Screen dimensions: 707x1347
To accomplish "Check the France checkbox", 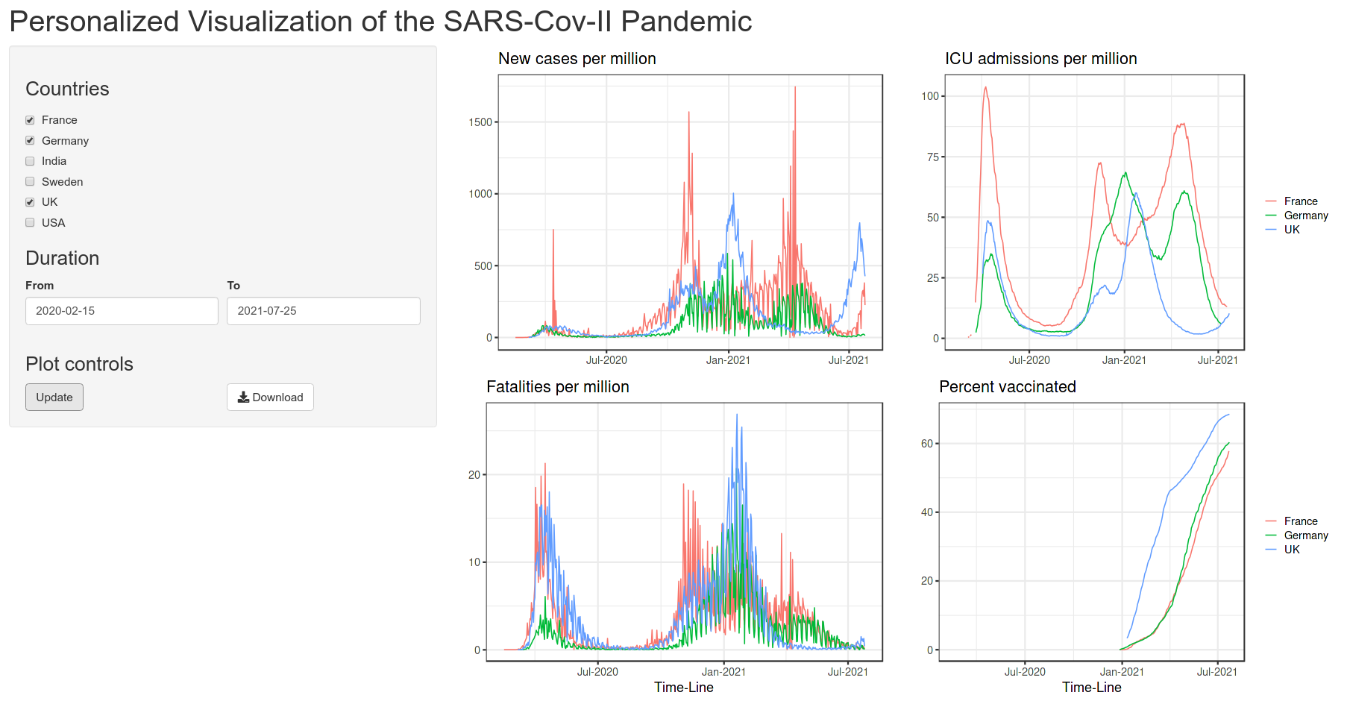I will tap(30, 120).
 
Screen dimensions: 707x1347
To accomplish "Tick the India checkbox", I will tap(30, 161).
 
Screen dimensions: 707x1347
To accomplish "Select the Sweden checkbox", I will tap(30, 181).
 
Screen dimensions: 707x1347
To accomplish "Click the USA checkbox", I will tap(30, 222).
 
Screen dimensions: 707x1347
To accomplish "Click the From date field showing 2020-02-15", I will tap(122, 311).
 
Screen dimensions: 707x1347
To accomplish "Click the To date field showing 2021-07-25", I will tap(323, 311).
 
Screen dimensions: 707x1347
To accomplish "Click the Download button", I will tap(270, 397).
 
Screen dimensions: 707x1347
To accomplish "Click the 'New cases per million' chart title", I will tap(577, 59).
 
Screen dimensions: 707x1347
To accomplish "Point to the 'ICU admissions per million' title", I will tap(1040, 59).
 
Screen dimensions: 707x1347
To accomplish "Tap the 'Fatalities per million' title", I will tap(557, 387).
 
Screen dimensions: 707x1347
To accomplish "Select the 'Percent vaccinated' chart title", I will tap(1007, 387).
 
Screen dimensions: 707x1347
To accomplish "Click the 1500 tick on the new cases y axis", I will tap(480, 122).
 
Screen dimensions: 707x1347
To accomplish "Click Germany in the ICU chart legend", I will tap(1305, 216).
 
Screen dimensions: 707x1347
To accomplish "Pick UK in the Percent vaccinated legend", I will tap(1291, 550).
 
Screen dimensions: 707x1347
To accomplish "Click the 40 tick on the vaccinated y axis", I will tap(926, 512).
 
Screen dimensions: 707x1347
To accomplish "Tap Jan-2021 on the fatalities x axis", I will tap(723, 672).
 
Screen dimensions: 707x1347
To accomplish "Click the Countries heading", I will tap(67, 89).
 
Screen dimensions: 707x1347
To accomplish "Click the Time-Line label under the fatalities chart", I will tap(683, 688).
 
